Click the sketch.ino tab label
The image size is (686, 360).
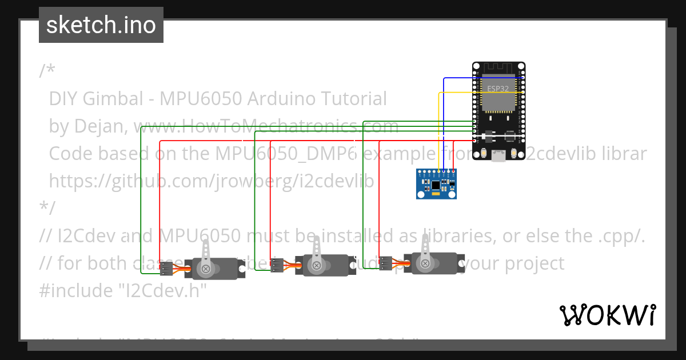click(101, 25)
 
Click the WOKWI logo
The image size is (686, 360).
click(607, 315)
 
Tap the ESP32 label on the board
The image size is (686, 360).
click(498, 89)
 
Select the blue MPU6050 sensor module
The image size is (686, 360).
click(436, 184)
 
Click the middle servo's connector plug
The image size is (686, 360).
click(277, 266)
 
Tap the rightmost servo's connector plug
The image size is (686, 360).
click(385, 263)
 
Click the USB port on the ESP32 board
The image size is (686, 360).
click(498, 155)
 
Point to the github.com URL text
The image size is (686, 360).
click(212, 181)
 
